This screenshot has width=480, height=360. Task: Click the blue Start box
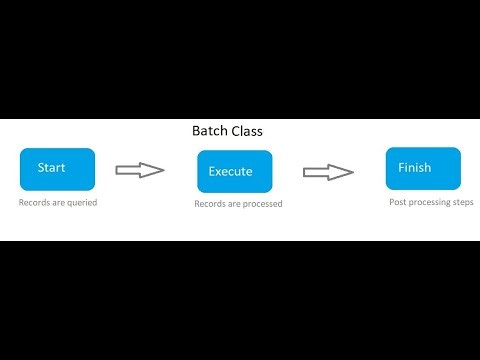pyautogui.click(x=57, y=169)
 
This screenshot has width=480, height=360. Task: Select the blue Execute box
pyautogui.click(x=234, y=171)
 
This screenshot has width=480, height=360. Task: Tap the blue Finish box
pyautogui.click(x=423, y=168)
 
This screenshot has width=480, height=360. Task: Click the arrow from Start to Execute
pyautogui.click(x=140, y=170)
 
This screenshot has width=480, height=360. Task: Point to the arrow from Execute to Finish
pyautogui.click(x=327, y=171)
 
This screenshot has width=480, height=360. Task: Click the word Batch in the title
pyautogui.click(x=212, y=131)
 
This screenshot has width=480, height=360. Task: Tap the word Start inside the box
pyautogui.click(x=51, y=167)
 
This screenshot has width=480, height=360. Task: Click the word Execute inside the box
pyautogui.click(x=230, y=172)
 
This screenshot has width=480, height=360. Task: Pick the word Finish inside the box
pyautogui.click(x=414, y=167)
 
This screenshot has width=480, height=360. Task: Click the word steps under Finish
pyautogui.click(x=462, y=202)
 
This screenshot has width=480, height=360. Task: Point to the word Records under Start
pyautogui.click(x=34, y=203)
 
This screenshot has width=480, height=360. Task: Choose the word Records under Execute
pyautogui.click(x=210, y=204)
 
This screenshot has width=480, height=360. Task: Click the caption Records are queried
pyautogui.click(x=57, y=203)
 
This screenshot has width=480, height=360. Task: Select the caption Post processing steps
pyautogui.click(x=431, y=202)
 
